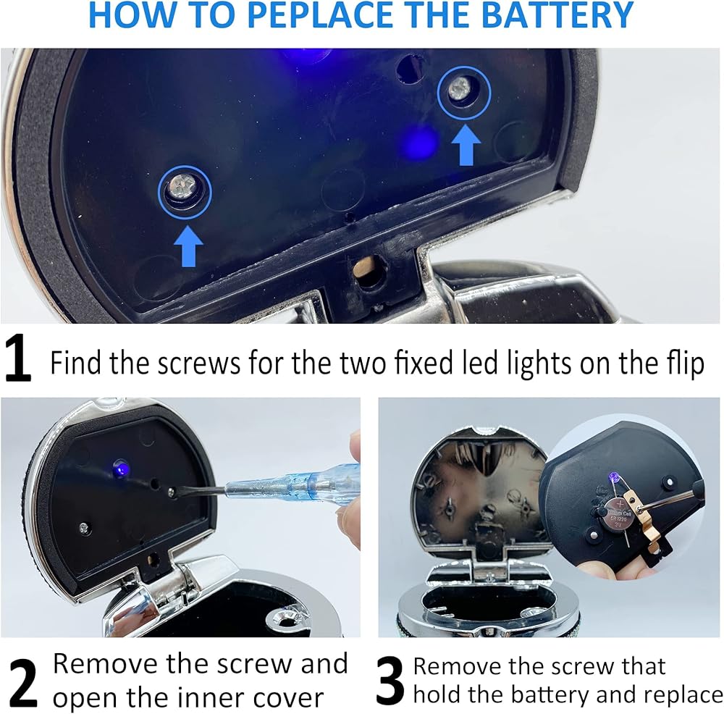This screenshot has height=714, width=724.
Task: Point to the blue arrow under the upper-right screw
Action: point(466,145)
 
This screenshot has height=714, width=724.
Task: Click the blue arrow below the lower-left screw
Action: point(189,246)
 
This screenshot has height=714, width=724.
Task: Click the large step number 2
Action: point(22,683)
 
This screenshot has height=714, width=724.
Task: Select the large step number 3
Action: point(390,681)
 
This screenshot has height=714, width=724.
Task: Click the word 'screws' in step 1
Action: point(199,363)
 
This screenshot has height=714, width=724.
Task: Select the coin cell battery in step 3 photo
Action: point(619,516)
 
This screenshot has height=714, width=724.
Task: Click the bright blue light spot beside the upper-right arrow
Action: point(419,143)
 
